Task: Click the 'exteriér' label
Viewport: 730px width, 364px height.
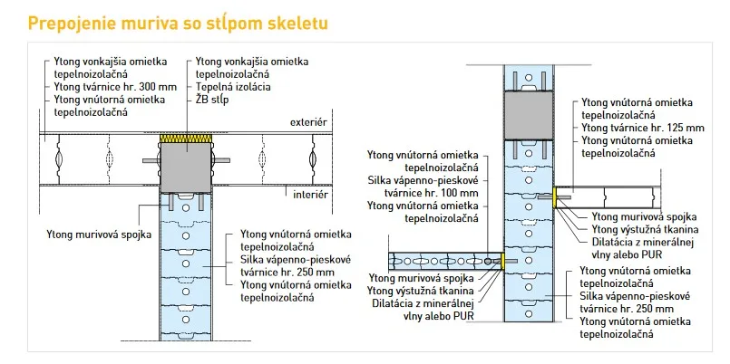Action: pos(308,123)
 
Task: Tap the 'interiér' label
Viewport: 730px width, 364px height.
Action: pos(310,195)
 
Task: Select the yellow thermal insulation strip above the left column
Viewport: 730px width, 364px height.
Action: pos(186,138)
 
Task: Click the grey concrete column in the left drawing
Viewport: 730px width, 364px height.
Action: pos(186,168)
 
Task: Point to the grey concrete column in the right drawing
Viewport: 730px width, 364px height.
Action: pos(529,115)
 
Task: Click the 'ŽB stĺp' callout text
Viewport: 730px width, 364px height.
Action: pos(212,100)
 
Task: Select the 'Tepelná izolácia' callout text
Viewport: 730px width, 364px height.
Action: pos(233,87)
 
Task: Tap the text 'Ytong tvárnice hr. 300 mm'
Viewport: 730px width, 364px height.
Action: pos(115,86)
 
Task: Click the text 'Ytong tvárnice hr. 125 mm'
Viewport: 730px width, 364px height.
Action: pos(643,128)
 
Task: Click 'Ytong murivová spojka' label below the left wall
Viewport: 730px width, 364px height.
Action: pos(99,235)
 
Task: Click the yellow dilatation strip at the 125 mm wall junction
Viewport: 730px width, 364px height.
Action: pos(555,197)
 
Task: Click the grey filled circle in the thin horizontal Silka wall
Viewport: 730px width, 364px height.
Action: pos(487,262)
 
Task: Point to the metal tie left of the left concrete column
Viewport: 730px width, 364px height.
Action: pos(151,160)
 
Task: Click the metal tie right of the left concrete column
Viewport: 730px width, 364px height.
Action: pos(220,160)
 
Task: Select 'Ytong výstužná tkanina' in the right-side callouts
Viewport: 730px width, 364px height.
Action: pos(645,229)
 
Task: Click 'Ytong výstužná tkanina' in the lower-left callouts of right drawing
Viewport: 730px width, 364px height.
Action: pos(421,291)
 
